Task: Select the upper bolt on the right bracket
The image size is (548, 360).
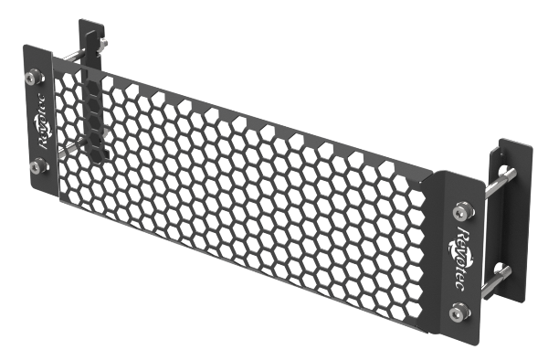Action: pos(463,211)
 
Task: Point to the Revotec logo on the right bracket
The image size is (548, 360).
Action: pos(460,258)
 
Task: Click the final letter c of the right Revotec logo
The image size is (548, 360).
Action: pos(458,285)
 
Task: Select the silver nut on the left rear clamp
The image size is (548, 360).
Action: pos(102,43)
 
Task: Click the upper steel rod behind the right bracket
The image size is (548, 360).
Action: pos(500,182)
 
